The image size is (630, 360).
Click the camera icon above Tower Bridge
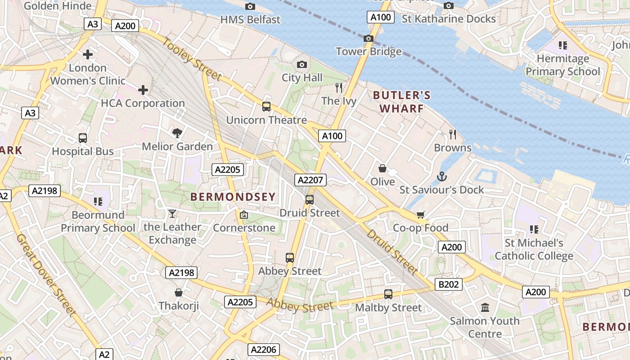coord(369,39)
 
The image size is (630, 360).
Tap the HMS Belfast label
coord(250,20)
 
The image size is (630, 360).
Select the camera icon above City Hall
coord(302,65)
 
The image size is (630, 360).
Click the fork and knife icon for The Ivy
coord(339,87)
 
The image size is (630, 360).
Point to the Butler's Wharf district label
coord(401,102)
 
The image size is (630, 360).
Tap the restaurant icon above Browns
coord(453,134)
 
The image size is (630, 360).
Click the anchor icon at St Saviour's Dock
coord(441,176)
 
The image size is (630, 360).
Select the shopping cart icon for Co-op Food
coord(420,215)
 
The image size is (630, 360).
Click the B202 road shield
coord(448,284)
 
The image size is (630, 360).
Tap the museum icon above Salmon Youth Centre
coord(485,308)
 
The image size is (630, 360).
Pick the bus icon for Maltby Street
coord(388,294)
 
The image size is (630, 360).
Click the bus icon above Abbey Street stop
coord(290,258)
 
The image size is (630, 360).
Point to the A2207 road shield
coord(310,180)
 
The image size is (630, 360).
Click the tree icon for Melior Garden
coord(177,133)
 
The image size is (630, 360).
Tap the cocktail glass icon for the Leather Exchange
coord(172,214)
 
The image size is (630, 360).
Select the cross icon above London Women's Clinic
coord(88,54)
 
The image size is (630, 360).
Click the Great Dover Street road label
coord(45,274)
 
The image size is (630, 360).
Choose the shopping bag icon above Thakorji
coord(179,292)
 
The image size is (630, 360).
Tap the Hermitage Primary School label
coord(562,65)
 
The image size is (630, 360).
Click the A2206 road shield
coord(264,350)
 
